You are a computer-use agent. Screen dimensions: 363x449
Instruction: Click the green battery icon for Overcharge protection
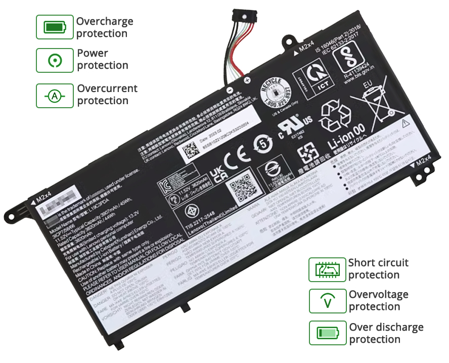[55, 27]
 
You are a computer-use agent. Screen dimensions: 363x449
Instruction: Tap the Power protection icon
[55, 60]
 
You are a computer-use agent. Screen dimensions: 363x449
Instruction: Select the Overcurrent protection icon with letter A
[55, 96]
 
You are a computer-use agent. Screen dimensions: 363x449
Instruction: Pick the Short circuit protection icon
[327, 269]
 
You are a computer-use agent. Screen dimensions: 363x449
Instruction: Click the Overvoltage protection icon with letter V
[328, 301]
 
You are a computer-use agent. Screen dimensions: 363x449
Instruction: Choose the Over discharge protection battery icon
[328, 333]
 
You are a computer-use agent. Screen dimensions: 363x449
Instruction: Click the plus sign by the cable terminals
[247, 80]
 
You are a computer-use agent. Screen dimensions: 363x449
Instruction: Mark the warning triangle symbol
[405, 123]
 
